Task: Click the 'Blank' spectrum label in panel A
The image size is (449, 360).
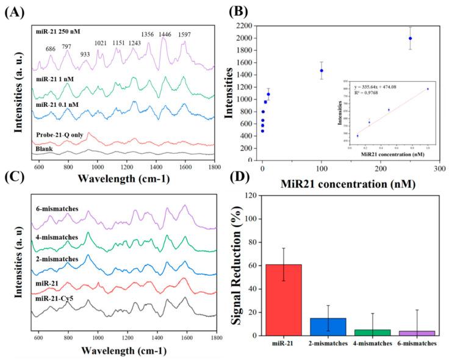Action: [x=46, y=149]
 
